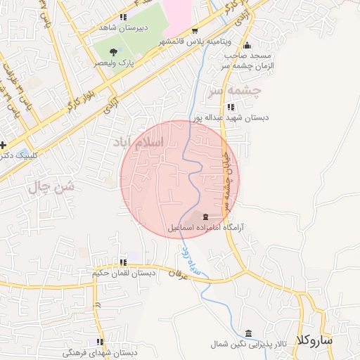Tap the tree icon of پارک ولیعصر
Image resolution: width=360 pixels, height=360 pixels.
[114, 51]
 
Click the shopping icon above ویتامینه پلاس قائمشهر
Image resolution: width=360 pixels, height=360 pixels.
[195, 31]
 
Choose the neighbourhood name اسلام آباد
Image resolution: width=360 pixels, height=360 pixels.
[138, 143]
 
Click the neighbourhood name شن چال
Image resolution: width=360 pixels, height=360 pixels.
[51, 186]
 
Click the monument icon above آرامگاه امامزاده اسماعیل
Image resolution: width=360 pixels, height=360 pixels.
[205, 216]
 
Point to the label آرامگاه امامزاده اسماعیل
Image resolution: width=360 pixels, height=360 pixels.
[205, 228]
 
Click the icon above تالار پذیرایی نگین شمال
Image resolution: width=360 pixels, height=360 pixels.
[247, 333]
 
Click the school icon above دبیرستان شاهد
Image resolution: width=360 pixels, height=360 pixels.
[124, 17]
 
